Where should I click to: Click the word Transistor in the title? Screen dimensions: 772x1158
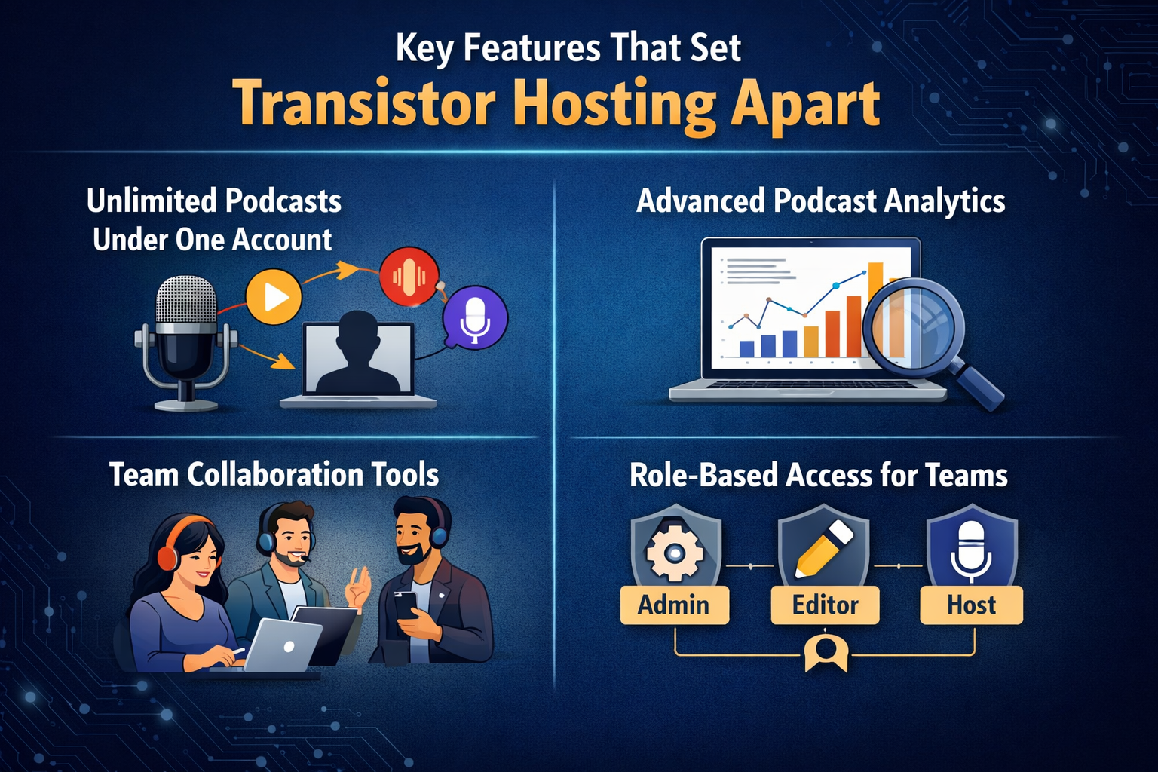click(363, 104)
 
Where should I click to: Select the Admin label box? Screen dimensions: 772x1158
click(674, 605)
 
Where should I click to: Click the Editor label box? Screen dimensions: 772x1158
click(825, 605)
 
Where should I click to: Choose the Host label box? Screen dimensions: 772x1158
click(971, 605)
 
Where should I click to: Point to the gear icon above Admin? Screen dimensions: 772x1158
click(675, 552)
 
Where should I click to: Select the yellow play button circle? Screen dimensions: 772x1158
click(274, 296)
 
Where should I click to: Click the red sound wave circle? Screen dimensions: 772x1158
click(409, 276)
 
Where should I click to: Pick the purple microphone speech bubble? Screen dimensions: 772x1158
click(475, 317)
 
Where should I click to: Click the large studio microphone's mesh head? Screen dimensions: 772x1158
click(185, 302)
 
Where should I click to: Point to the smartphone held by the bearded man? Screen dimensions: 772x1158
click(404, 603)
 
